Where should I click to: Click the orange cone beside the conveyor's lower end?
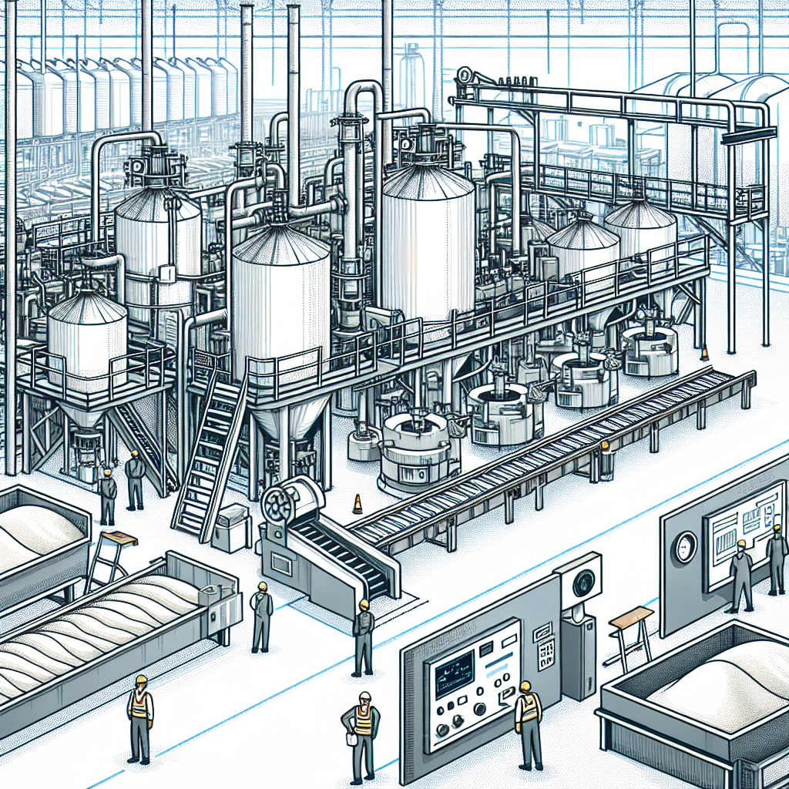pos(357,505)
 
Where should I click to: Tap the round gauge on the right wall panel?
pos(683,546)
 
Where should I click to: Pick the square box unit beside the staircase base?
pos(230,528)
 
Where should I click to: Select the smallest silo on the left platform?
pos(87,339)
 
